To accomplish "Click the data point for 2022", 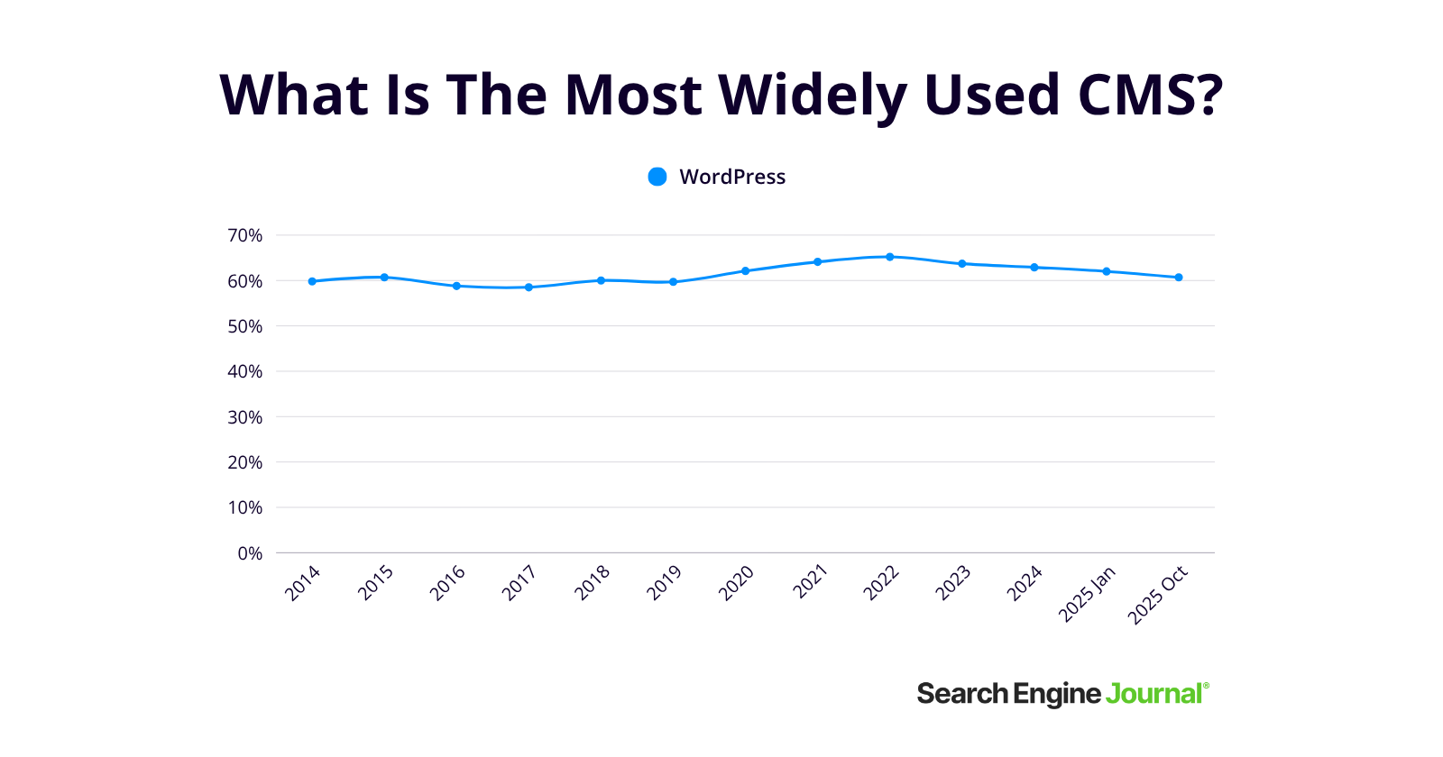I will pos(889,257).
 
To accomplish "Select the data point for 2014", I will pos(312,281).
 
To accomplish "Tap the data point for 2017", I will pos(528,287).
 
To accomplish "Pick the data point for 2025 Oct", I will pos(1179,278).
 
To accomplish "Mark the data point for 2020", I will pos(745,270).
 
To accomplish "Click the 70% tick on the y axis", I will pos(244,235).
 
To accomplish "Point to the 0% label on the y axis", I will pos(250,553).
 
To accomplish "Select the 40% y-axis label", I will pos(244,371).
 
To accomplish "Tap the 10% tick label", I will pos(244,507).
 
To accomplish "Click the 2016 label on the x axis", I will pos(447,583).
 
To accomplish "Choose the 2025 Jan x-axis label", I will pos(1087,594).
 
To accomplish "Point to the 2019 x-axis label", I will pos(664,583).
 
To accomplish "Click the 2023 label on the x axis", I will pos(952,583).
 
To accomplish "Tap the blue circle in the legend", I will pos(657,177).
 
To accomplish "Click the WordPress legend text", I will pos(732,177).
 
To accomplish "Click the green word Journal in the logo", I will pos(1154,694).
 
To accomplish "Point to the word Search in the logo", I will pos(962,694).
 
